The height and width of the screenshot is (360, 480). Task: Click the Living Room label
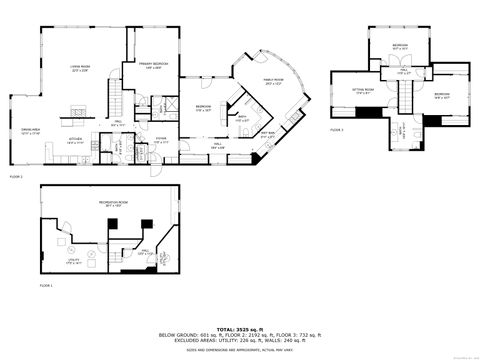pyautogui.click(x=79, y=67)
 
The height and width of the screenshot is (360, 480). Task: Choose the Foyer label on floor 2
pyautogui.click(x=160, y=141)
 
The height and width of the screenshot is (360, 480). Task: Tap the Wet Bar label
pyautogui.click(x=268, y=134)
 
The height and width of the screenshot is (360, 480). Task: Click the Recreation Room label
pyautogui.click(x=111, y=204)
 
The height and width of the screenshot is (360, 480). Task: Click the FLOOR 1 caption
pyautogui.click(x=45, y=286)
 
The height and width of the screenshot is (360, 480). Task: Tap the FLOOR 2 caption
pyautogui.click(x=15, y=175)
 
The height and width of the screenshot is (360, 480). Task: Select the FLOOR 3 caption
pyautogui.click(x=337, y=130)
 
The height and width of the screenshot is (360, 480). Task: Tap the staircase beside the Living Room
pyautogui.click(x=118, y=104)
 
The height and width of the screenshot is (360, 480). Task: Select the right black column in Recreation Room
pyautogui.click(x=146, y=223)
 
